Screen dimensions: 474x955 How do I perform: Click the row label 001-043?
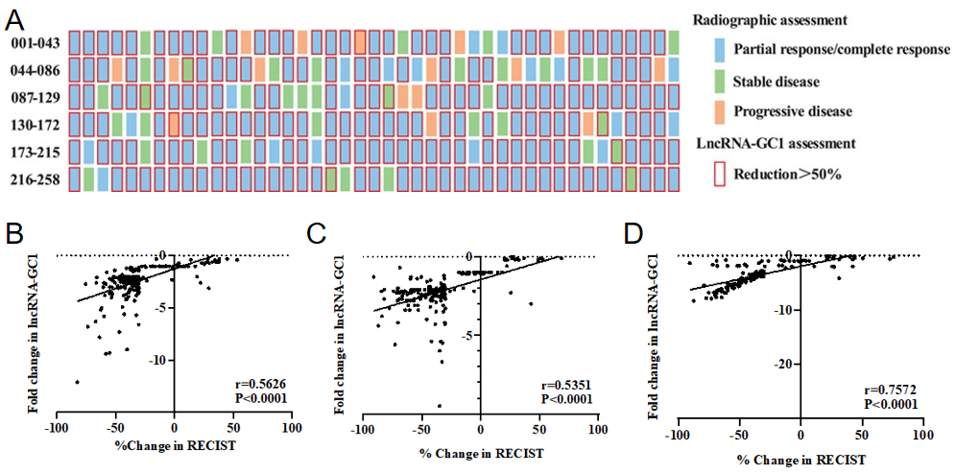(x=36, y=43)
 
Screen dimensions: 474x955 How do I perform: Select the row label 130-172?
(x=36, y=125)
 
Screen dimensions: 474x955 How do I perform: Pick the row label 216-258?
(x=36, y=179)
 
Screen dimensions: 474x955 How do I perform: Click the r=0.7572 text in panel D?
(x=885, y=391)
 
